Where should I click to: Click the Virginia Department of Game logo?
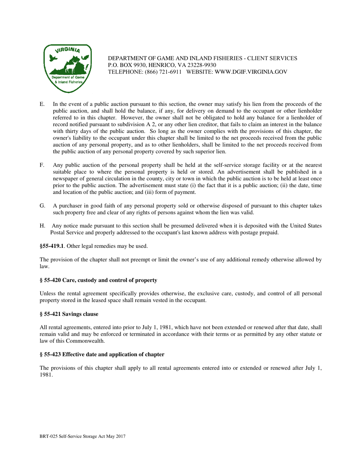[67, 69]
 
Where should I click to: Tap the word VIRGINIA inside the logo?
[67, 50]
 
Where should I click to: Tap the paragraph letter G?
[42, 206]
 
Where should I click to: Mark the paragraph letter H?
[42, 226]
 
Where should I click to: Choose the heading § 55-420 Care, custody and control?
[98, 280]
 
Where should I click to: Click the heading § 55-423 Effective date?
[102, 354]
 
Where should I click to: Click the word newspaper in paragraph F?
[65, 185]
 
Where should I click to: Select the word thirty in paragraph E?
[72, 131]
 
